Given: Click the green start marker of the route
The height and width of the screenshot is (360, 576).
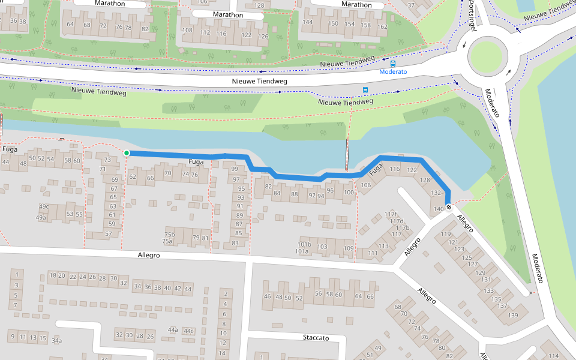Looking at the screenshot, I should click(x=127, y=154).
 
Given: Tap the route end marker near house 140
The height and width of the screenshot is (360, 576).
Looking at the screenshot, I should click(x=449, y=208).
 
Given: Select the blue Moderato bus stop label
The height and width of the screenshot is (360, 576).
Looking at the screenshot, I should click(x=393, y=71).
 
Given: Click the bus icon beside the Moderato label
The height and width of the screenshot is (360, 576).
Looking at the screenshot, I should click(x=393, y=63).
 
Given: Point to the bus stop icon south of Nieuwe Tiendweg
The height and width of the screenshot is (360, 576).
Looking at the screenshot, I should click(x=365, y=90).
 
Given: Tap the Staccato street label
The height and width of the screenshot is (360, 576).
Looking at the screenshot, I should click(x=316, y=338).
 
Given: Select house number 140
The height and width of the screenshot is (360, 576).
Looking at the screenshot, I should click(x=438, y=208).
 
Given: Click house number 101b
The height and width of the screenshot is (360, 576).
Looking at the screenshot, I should click(x=304, y=244).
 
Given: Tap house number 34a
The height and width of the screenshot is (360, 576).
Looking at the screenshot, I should click(x=56, y=341).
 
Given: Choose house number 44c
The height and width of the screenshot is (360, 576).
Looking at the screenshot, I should click(x=189, y=331).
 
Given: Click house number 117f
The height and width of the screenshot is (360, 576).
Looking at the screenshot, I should click(x=391, y=214).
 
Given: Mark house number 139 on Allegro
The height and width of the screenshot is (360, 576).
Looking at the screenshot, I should click(x=513, y=315).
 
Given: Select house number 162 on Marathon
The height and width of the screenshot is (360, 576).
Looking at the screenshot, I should click(x=382, y=26).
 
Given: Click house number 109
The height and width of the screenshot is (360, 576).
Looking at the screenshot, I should click(x=349, y=248).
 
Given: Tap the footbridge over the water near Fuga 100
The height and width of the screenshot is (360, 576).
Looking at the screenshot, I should click(x=347, y=155).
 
